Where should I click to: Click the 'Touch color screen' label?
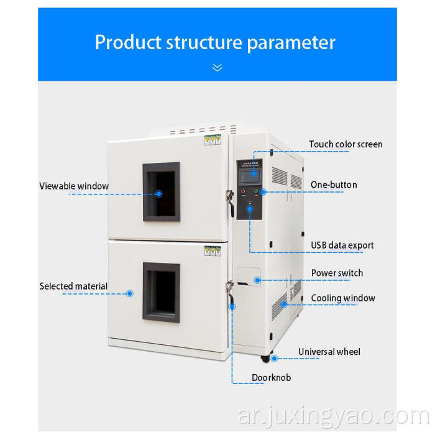click(x=346, y=145)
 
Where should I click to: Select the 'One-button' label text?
click(x=334, y=185)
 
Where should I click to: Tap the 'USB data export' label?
click(x=342, y=245)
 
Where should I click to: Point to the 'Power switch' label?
click(x=337, y=273)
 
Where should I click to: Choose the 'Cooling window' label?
click(x=343, y=298)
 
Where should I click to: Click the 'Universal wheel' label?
click(x=329, y=352)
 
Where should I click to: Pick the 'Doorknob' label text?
click(x=271, y=377)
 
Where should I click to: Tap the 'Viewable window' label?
click(x=74, y=186)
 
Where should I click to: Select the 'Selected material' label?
click(x=73, y=286)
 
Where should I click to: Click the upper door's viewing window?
click(x=162, y=192)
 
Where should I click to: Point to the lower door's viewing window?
click(x=162, y=291)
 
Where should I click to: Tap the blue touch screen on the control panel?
click(x=249, y=175)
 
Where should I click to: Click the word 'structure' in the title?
click(x=203, y=42)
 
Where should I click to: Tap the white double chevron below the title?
click(x=217, y=67)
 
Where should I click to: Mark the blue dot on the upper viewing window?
click(x=158, y=193)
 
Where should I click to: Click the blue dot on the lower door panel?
click(x=130, y=293)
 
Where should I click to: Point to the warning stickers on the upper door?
click(x=213, y=140)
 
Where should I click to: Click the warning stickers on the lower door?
click(x=213, y=250)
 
